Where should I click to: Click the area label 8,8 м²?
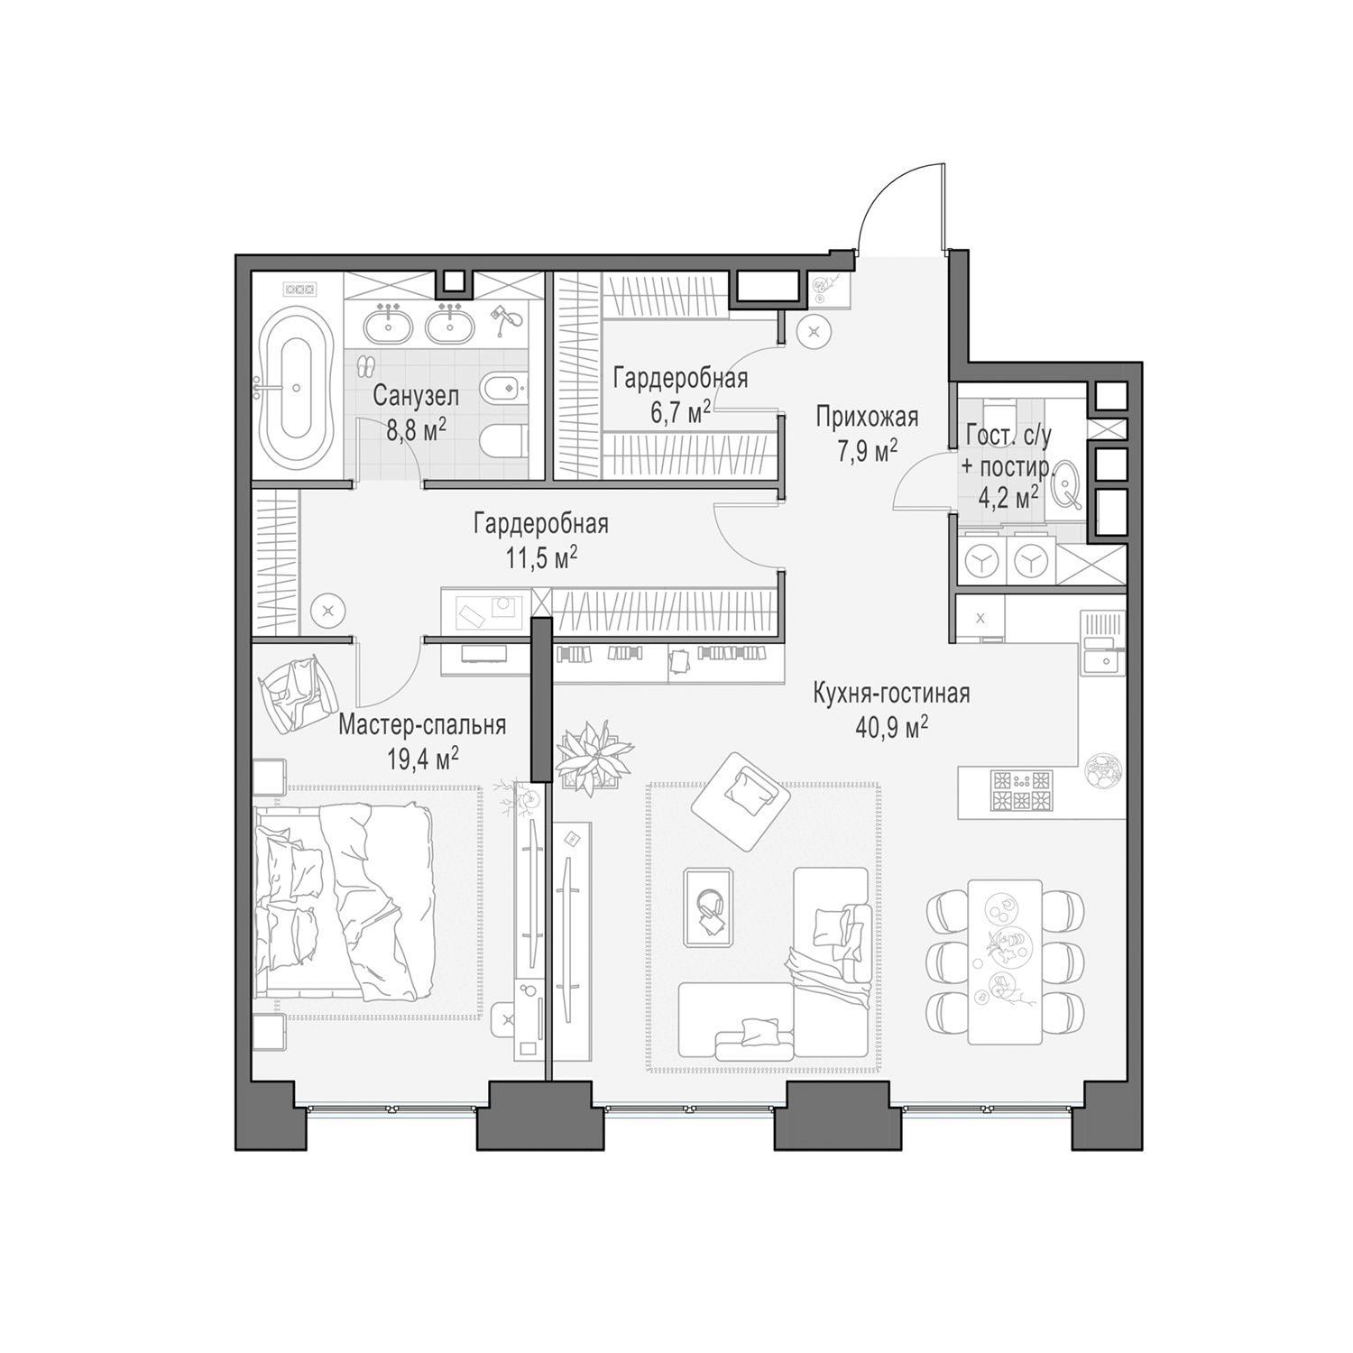pos(416,428)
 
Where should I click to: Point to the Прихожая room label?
pos(867,417)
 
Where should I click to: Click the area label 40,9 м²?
pos(891,727)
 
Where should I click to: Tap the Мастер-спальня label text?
pos(422,725)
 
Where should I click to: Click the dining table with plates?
pos(1005,962)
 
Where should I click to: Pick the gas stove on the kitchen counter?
pos(1022,789)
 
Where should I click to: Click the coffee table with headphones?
pos(708,907)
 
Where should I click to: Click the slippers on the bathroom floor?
pos(365,366)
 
